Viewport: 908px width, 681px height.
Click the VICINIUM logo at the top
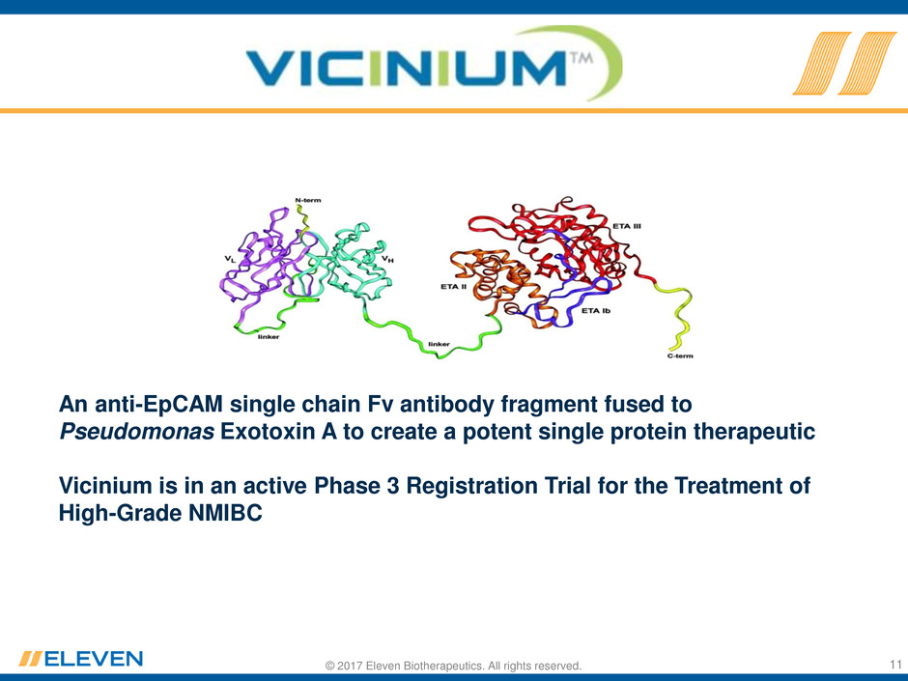pos(435,63)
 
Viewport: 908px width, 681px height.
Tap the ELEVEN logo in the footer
pos(80,659)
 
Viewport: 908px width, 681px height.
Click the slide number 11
pos(895,664)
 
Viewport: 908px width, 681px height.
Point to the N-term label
pos(308,200)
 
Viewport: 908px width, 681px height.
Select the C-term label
pos(680,355)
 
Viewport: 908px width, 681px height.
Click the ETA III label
pos(627,226)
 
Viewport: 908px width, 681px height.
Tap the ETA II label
pos(453,286)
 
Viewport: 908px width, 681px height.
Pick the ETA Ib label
pos(596,311)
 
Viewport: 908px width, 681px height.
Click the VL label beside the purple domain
pos(231,259)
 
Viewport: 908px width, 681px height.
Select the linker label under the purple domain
pos(269,336)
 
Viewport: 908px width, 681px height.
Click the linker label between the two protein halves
pos(439,344)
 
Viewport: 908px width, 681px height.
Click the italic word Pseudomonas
pos(136,432)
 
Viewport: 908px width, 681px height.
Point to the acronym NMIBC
pos(225,513)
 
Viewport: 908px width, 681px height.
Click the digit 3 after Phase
pos(392,485)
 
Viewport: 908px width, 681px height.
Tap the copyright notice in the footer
pos(453,666)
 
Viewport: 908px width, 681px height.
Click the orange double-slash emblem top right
pos(844,63)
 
